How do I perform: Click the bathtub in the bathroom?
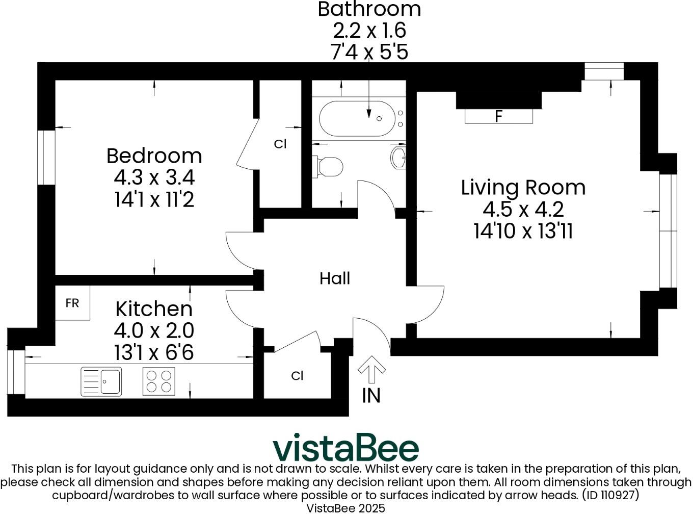tap(357, 118)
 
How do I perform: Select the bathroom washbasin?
tap(398, 158)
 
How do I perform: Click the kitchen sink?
tap(101, 381)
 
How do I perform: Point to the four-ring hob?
tap(158, 381)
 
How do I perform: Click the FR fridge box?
tap(72, 303)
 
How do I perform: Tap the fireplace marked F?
tap(498, 116)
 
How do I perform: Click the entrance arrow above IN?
tap(371, 369)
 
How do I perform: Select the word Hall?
tap(335, 278)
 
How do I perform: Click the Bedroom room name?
tap(154, 156)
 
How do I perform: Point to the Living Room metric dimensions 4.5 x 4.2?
tap(523, 209)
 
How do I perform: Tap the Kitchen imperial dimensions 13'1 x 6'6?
tap(154, 352)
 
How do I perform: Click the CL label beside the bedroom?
tap(280, 144)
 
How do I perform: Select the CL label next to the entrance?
tap(297, 376)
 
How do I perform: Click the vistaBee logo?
tap(345, 448)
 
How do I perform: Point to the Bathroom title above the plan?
tap(369, 9)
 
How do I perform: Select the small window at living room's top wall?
tap(604, 71)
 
